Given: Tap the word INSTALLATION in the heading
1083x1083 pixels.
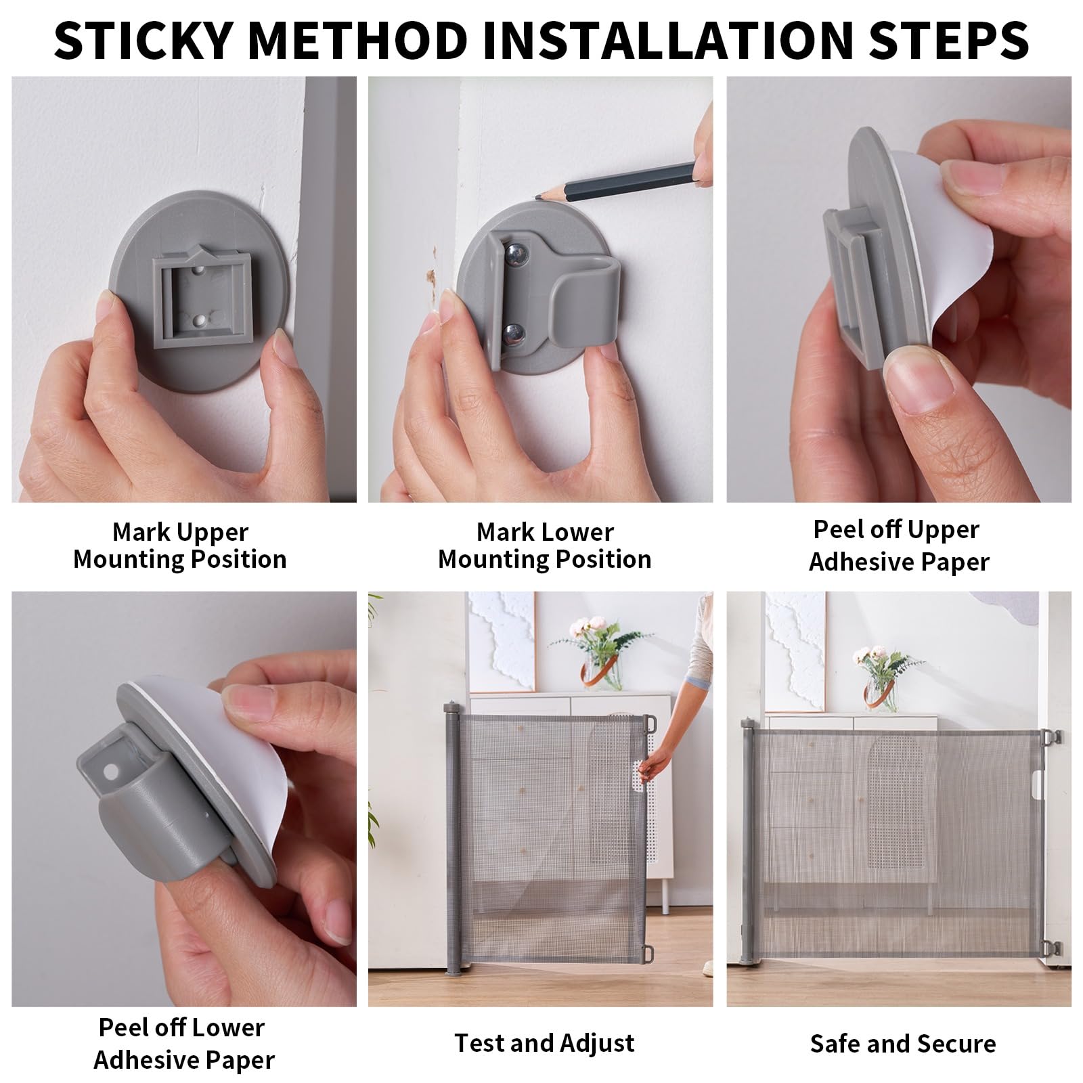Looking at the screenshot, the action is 648,39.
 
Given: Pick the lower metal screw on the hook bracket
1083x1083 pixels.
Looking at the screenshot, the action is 515,332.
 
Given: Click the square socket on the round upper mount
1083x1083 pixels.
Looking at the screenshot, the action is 201,299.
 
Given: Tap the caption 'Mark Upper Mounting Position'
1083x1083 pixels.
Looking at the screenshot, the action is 180,546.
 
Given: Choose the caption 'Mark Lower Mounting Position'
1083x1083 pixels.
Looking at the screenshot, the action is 545,546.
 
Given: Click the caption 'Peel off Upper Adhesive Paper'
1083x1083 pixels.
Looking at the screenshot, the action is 899,546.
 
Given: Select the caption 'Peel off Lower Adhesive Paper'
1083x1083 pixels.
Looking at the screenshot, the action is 184,1044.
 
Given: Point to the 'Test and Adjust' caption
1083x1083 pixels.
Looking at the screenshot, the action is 544,1042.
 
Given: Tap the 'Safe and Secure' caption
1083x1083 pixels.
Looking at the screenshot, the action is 903,1044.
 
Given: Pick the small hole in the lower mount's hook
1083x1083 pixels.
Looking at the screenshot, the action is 108,771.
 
